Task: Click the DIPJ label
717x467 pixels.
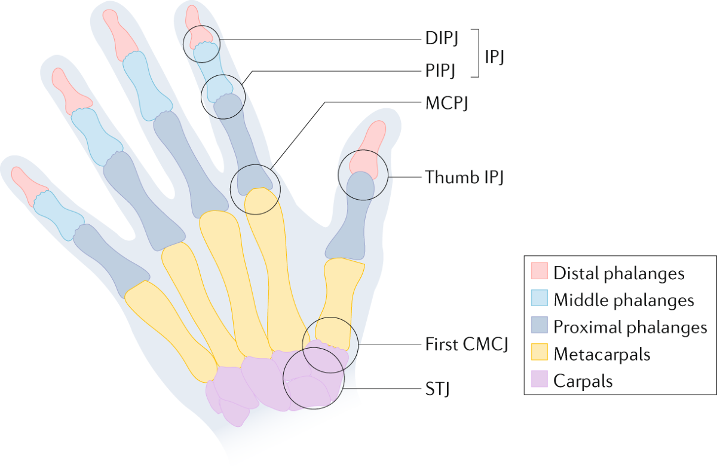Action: pos(439,40)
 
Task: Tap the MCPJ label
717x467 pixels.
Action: pos(445,102)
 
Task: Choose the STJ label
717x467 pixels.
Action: pos(437,391)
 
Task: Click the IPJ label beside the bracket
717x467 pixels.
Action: pos(494,56)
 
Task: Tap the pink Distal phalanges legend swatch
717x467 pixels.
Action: pos(540,273)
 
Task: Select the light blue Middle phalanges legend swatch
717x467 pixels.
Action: pos(540,300)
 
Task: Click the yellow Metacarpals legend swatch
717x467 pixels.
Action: pos(540,353)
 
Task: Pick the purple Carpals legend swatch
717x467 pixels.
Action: pos(540,380)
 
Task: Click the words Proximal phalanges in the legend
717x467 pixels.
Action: pos(630,327)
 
